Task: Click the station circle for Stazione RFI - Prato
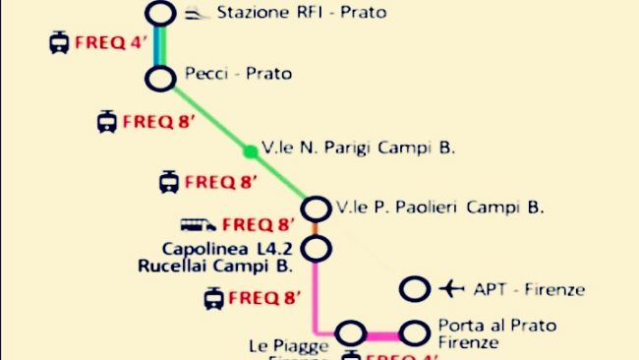160,14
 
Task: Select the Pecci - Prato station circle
160,79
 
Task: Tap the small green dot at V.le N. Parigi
251,150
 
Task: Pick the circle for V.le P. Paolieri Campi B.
316,209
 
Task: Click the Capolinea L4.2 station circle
316,250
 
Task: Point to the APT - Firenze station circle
416,289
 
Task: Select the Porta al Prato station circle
416,332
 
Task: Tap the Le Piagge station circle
351,333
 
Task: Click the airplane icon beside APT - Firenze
451,289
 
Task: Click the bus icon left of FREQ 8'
199,225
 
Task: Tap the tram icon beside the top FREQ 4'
59,43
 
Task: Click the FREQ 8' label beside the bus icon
259,225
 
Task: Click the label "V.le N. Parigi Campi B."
359,149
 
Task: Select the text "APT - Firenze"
529,289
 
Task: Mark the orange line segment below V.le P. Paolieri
316,229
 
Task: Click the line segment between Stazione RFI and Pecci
160,46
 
